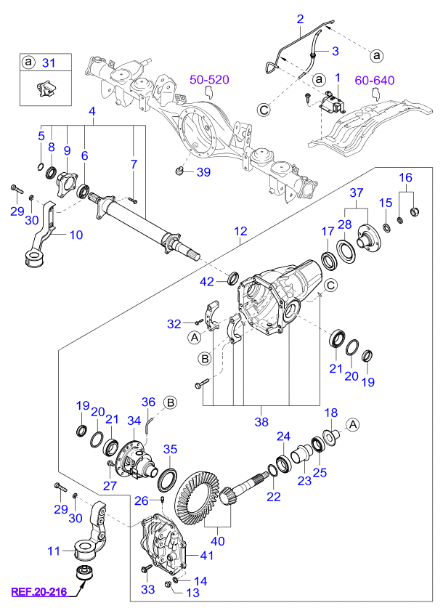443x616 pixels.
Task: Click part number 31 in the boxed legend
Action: [x=48, y=62]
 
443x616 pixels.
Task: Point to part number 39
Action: [x=203, y=172]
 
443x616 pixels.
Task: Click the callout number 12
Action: [x=240, y=231]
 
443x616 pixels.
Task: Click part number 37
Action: [x=356, y=192]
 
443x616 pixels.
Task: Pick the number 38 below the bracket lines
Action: [x=261, y=418]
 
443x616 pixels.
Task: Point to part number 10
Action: [x=76, y=235]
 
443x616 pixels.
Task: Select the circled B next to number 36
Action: [x=170, y=401]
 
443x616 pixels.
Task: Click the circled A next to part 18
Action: [x=352, y=424]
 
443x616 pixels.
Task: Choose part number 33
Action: [x=147, y=591]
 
